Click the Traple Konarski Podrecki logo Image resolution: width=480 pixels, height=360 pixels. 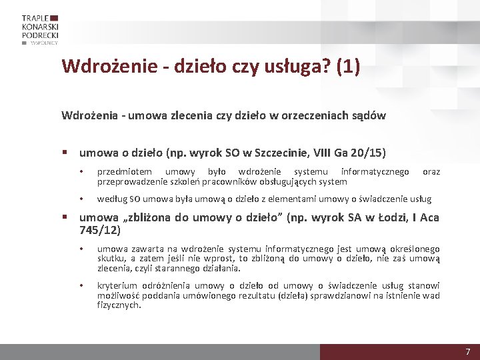click(40, 29)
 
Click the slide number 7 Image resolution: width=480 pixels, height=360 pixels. click(468, 351)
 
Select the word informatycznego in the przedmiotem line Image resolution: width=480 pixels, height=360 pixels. click(375, 172)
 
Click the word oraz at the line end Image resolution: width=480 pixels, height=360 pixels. click(431, 172)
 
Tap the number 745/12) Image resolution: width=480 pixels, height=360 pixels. click(100, 230)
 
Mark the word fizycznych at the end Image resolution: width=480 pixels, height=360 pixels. click(118, 305)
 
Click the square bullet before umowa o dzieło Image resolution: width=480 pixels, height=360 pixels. click(67, 153)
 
